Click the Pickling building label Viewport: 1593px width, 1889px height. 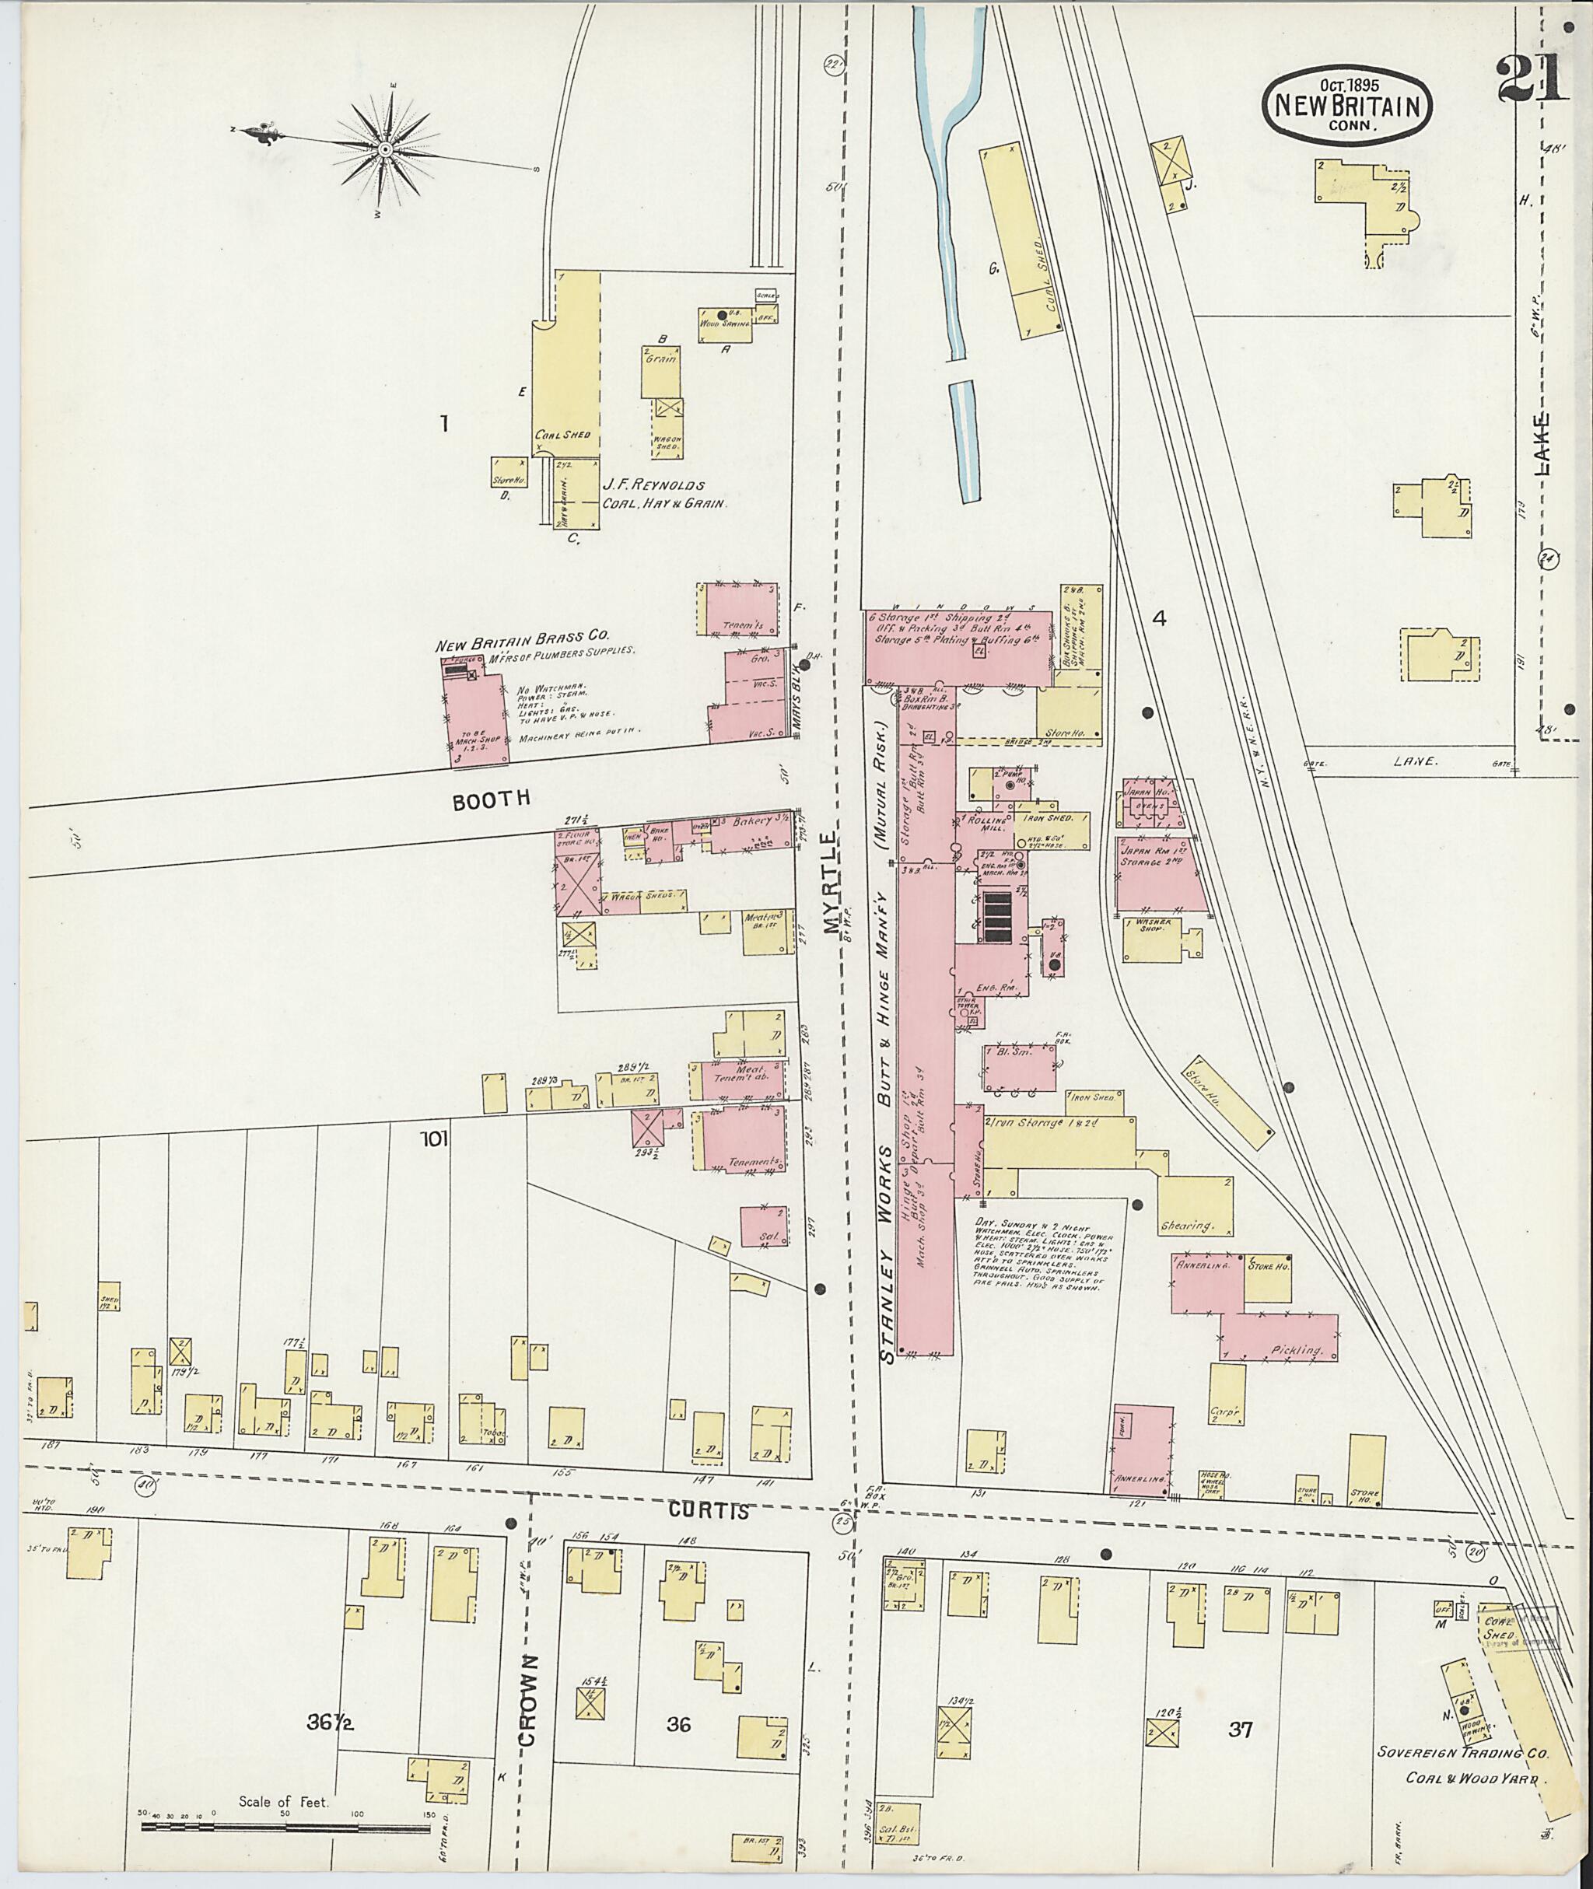(x=1297, y=1350)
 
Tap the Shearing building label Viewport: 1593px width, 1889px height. (x=1188, y=1226)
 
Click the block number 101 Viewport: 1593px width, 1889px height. (x=433, y=1139)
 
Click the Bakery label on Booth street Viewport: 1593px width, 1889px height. (x=752, y=820)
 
